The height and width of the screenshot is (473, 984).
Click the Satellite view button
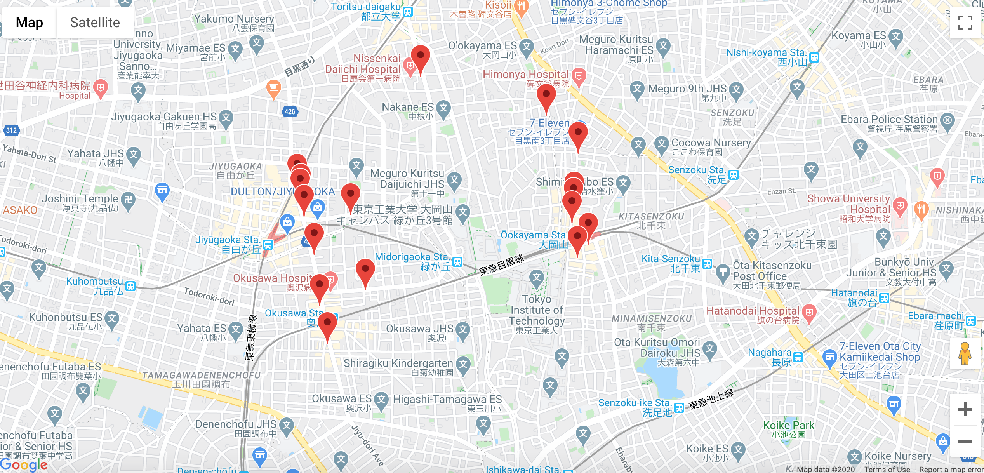[x=95, y=23]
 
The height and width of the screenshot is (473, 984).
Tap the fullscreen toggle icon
[x=965, y=23]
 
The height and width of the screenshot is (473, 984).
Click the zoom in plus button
[x=965, y=409]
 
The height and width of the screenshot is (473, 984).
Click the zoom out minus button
[x=965, y=441]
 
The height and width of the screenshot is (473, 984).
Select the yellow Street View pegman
[x=965, y=353]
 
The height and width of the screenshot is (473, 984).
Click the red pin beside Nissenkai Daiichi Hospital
[x=420, y=57]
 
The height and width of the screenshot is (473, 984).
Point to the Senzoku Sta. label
[x=697, y=170]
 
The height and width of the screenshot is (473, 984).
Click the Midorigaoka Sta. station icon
[x=457, y=262]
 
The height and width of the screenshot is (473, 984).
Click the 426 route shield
[x=290, y=112]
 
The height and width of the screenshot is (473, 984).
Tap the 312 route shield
[x=11, y=130]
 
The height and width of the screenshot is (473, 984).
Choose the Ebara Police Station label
[x=889, y=120]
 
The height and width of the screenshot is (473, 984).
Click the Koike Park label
[x=789, y=426]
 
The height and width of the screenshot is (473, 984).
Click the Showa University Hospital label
[x=848, y=204]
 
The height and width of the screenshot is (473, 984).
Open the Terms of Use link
[x=887, y=469]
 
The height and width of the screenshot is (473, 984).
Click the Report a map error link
[x=951, y=469]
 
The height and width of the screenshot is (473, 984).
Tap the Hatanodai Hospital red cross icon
[x=809, y=313]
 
